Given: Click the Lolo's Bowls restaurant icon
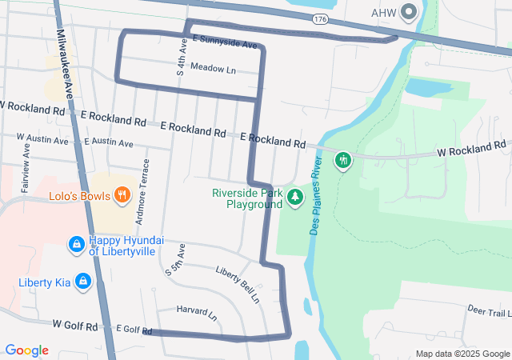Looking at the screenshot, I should (122, 194).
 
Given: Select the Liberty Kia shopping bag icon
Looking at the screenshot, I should (82, 282).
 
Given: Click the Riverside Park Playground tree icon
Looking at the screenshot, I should (296, 197).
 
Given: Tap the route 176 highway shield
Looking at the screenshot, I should (320, 18).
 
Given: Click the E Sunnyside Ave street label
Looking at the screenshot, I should (224, 41).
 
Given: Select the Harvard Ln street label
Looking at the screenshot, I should (197, 312).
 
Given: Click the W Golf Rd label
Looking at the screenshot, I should (74, 326).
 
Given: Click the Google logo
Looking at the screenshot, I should (26, 350).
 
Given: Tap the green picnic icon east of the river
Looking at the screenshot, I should (344, 161).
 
